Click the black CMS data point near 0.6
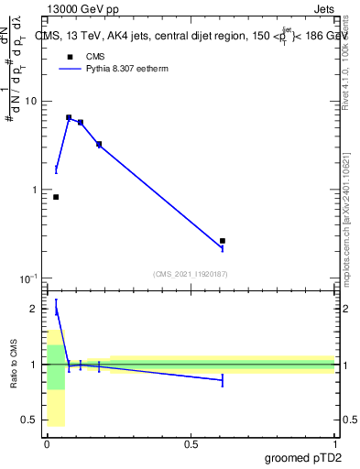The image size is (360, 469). pos(223,241)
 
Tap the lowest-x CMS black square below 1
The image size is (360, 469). pos(56,197)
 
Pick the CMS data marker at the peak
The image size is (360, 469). pos(69,117)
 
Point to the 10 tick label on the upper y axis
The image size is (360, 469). pos(29,101)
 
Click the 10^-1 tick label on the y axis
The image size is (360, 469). pos(27,278)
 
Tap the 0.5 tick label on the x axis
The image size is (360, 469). pos(191,443)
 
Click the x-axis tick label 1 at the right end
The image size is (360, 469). pos(334,443)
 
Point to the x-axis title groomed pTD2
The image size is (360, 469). pos(302,457)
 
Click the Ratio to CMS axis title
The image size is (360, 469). pos(14,364)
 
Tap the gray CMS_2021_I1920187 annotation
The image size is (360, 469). pos(191,273)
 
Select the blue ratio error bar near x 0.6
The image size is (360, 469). pos(223,380)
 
